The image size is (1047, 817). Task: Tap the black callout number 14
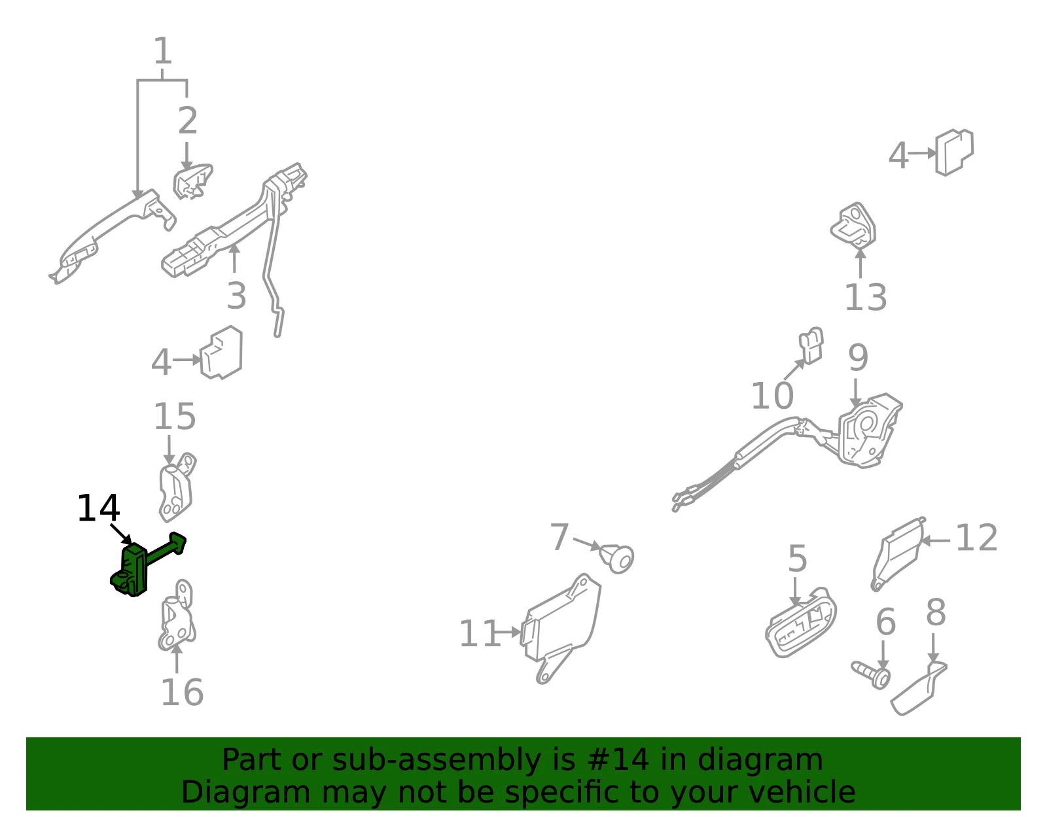[98, 508]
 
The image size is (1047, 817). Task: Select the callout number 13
[865, 297]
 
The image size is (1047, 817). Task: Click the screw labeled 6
[872, 674]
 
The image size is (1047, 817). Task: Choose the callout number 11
[480, 634]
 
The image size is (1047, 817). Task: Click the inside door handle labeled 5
[800, 622]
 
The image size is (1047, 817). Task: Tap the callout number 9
[858, 358]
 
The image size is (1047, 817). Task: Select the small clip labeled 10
[811, 345]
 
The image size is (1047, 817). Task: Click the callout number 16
[182, 693]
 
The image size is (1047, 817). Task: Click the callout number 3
[237, 296]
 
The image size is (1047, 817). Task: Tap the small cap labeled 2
[193, 181]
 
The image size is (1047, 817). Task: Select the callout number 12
[976, 538]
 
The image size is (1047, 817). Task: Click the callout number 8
[936, 612]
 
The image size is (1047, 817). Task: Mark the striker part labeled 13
[853, 225]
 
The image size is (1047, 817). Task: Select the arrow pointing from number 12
[935, 541]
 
